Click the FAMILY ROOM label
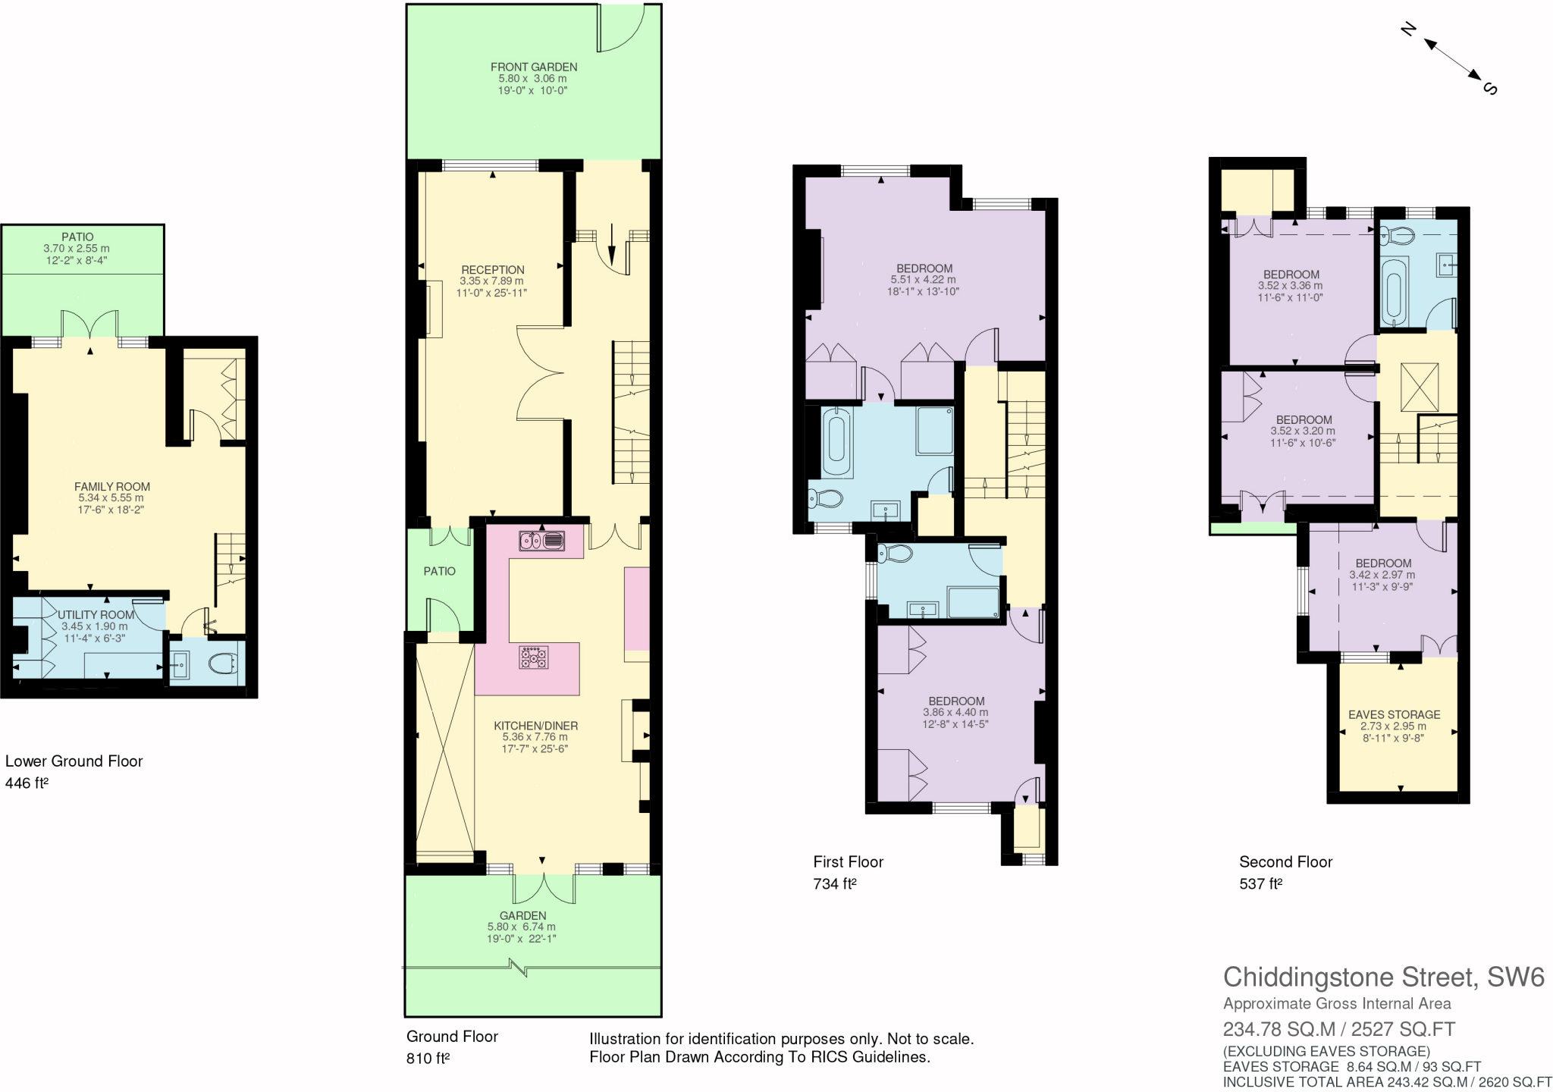pyautogui.click(x=112, y=487)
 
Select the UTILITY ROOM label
pyautogui.click(x=96, y=615)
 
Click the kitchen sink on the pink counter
pyautogui.click(x=541, y=541)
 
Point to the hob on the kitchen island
pyautogui.click(x=533, y=657)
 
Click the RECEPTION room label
pyautogui.click(x=493, y=270)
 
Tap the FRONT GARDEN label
pyautogui.click(x=534, y=67)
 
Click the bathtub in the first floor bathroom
pyautogui.click(x=837, y=444)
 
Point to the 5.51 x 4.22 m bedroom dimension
pyautogui.click(x=923, y=280)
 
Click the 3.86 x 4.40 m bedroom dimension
pyautogui.click(x=955, y=713)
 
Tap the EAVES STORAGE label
pyautogui.click(x=1394, y=714)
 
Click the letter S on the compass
pyautogui.click(x=1490, y=88)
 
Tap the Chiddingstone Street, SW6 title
pyautogui.click(x=1383, y=977)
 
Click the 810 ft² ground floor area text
pyautogui.click(x=428, y=1059)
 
